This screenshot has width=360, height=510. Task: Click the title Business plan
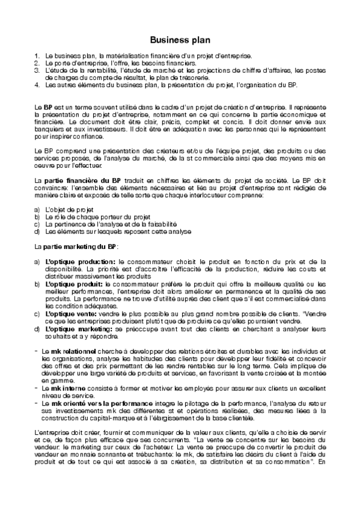(180, 40)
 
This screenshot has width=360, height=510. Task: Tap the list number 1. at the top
(37, 56)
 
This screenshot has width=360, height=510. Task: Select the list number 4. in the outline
(37, 85)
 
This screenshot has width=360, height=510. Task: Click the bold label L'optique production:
(80, 262)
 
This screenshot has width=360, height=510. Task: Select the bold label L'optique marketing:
(78, 328)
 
